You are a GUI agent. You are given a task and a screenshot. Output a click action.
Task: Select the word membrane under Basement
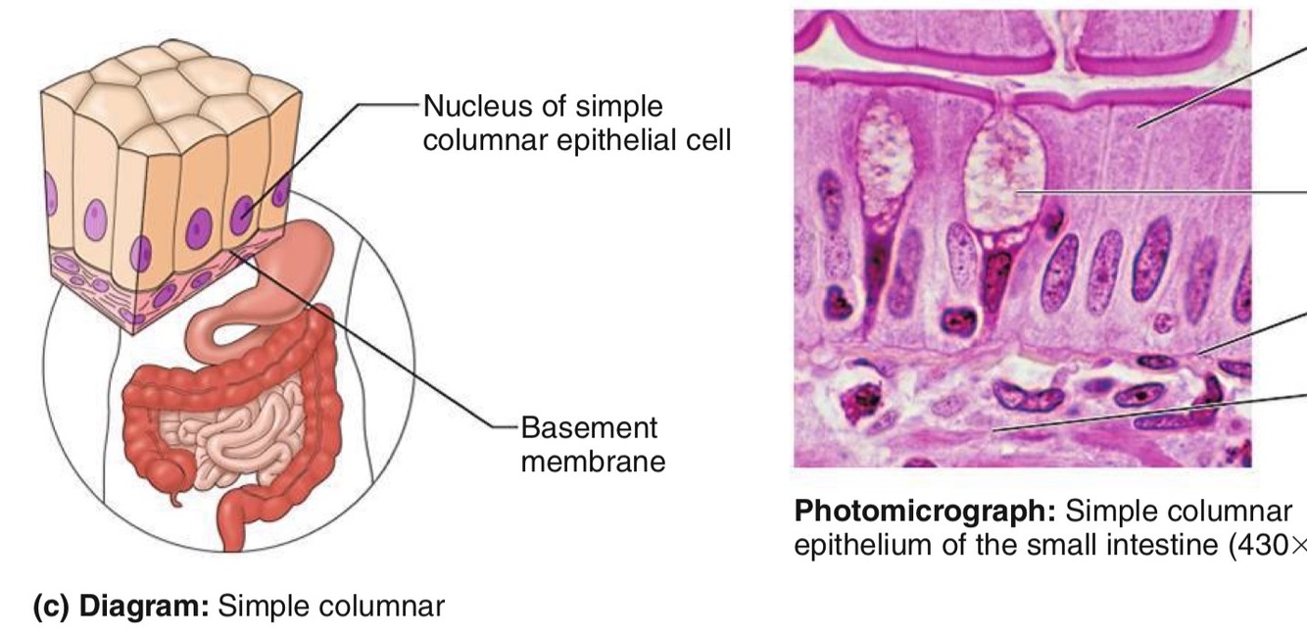593,461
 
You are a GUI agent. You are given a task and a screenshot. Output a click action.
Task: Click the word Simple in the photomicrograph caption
1097,512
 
